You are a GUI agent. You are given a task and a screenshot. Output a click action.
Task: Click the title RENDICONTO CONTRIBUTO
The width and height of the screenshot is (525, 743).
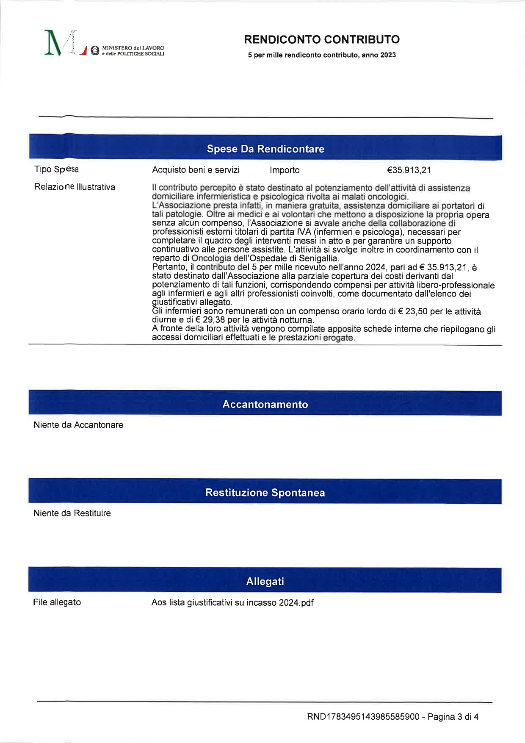[x=322, y=39]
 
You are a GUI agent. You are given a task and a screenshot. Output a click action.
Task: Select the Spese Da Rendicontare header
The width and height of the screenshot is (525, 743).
[x=265, y=149]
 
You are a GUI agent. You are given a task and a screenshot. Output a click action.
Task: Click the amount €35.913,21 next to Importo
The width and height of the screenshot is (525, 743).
[x=409, y=170]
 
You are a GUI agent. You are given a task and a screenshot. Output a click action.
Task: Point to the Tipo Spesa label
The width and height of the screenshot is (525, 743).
[x=56, y=169]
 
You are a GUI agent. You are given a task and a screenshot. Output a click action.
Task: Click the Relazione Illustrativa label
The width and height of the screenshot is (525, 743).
[x=75, y=187]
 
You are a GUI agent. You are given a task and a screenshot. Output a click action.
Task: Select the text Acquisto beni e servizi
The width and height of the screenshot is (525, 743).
[x=196, y=170]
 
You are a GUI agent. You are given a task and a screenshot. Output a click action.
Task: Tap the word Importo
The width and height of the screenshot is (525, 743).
[x=285, y=170]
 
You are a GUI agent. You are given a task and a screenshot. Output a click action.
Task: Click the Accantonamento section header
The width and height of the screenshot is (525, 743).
[x=265, y=404]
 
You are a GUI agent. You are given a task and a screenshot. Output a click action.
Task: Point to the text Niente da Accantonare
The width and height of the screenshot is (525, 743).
[x=78, y=425]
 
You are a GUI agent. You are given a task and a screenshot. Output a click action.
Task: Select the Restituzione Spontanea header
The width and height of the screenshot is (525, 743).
[x=265, y=492]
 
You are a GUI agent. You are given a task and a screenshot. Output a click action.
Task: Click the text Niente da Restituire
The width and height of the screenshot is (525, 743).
[x=72, y=513]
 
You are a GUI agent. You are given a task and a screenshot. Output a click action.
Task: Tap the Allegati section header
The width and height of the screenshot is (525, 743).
[x=265, y=581]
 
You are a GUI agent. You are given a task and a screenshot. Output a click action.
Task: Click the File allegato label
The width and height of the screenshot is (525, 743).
[x=57, y=602]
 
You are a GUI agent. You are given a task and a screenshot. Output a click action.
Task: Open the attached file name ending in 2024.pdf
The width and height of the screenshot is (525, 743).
[x=232, y=602]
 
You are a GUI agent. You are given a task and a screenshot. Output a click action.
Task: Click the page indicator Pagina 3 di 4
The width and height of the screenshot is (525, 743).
[x=453, y=717]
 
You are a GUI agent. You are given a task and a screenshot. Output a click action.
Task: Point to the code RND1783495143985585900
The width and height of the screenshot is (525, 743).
[x=363, y=717]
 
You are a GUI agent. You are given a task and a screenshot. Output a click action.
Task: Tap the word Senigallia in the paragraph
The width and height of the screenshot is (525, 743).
[x=318, y=258]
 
